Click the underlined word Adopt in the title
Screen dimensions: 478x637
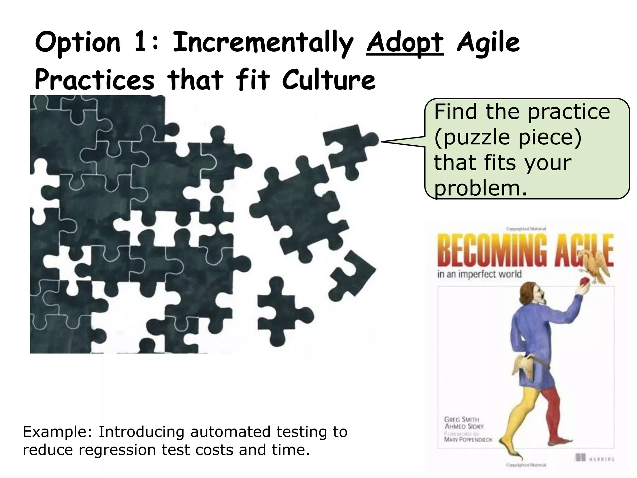[x=405, y=44]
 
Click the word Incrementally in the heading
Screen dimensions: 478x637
[x=263, y=44]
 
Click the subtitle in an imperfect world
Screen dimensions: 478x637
[x=479, y=274]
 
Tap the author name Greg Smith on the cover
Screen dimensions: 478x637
[x=462, y=419]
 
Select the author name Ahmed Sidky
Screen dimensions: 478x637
[x=464, y=426]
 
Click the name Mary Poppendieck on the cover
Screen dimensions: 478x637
[x=468, y=439]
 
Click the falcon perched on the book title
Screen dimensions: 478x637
[x=596, y=265]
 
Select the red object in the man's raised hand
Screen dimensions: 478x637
[x=584, y=282]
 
